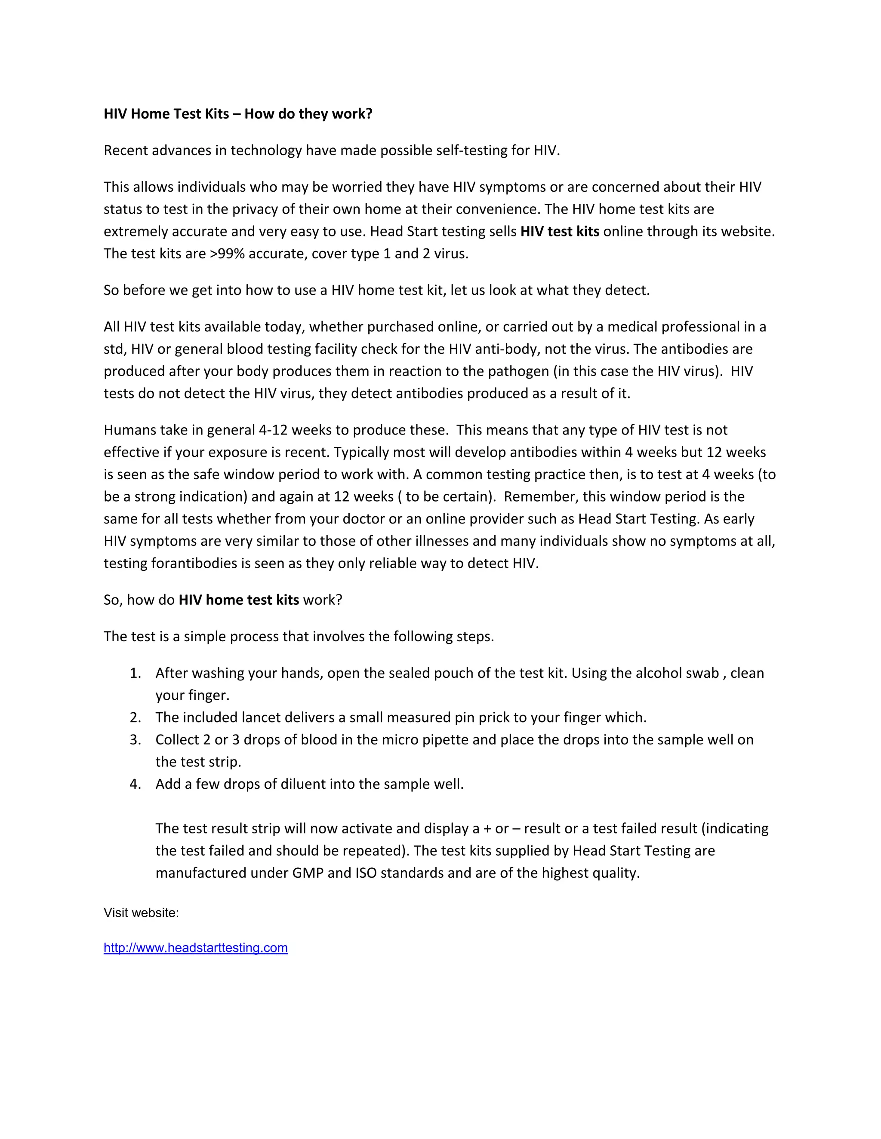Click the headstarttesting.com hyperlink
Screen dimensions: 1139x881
(x=196, y=948)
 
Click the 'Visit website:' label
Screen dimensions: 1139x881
(x=141, y=912)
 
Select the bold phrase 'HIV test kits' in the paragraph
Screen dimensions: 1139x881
(x=560, y=231)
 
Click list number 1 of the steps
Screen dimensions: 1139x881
(x=135, y=673)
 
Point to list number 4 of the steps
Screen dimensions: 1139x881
(x=135, y=784)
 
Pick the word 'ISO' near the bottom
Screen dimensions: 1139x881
(x=366, y=873)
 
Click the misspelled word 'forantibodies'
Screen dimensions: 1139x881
(x=194, y=563)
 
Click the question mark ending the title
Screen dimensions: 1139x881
(x=369, y=114)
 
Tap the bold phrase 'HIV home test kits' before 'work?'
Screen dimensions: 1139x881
(x=238, y=600)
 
